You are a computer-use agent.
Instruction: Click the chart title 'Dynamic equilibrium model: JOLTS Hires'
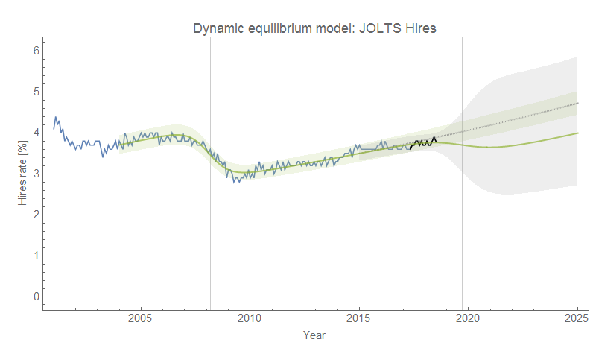(x=314, y=28)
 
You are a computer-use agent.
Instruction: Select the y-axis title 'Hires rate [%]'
(x=22, y=174)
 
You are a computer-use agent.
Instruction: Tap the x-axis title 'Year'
(x=314, y=335)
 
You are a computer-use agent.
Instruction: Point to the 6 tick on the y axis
(x=35, y=51)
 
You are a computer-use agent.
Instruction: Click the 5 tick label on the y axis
(x=35, y=92)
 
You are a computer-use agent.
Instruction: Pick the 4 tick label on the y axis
(x=35, y=133)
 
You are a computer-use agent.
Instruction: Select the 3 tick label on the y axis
(x=35, y=174)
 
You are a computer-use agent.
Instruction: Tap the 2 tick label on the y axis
(x=35, y=215)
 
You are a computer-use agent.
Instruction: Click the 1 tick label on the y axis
(x=35, y=256)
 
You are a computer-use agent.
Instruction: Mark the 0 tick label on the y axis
(x=35, y=297)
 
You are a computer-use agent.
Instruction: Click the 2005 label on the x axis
(x=141, y=319)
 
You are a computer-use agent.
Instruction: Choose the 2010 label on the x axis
(x=250, y=319)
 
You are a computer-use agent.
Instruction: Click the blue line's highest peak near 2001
(x=55, y=117)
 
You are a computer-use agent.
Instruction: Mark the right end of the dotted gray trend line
(x=577, y=103)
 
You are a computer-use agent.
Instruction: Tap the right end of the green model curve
(x=577, y=133)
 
